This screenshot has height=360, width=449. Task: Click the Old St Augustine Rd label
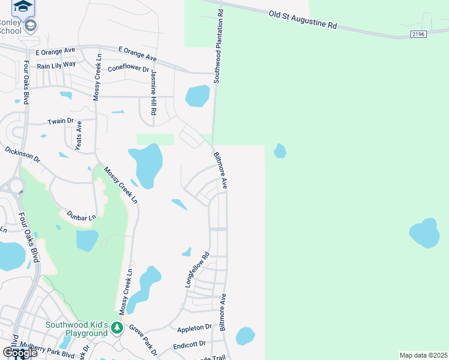click(303, 21)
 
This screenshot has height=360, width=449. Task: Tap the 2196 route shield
click(418, 35)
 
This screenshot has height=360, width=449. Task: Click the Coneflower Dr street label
click(128, 69)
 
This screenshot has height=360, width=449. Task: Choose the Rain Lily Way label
click(56, 64)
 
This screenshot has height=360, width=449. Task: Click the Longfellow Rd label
click(196, 269)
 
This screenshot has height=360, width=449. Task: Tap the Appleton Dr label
click(194, 328)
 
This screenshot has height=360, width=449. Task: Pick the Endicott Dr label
click(189, 344)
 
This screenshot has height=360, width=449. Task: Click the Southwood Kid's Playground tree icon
click(118, 328)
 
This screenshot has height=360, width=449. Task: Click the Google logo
click(20, 353)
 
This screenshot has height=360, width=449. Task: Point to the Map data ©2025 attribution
click(424, 355)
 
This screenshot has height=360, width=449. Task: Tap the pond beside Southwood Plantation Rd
click(197, 95)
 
